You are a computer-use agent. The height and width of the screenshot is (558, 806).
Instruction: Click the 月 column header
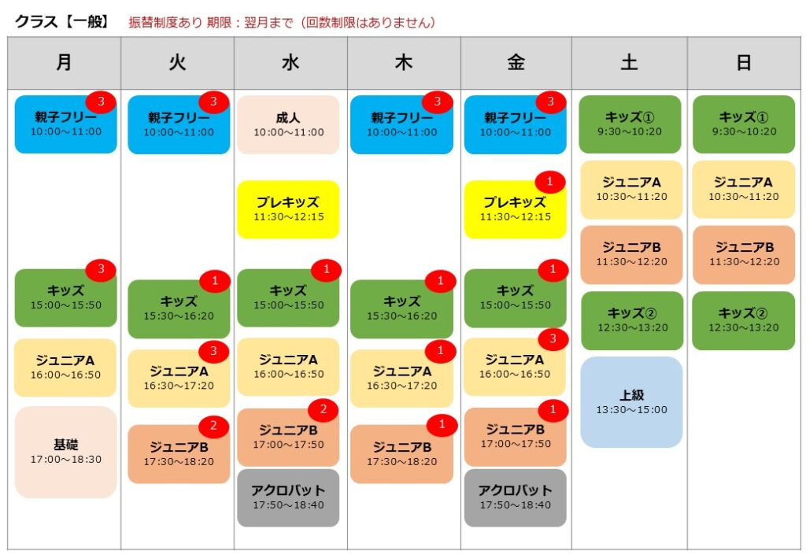[x=65, y=63]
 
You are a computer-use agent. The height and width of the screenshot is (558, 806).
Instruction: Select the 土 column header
[x=629, y=63]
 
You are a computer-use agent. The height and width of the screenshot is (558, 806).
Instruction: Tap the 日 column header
[x=744, y=63]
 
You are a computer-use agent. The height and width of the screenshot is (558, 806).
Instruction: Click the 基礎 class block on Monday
[x=66, y=453]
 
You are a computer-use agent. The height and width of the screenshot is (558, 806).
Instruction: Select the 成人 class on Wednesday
[x=288, y=124]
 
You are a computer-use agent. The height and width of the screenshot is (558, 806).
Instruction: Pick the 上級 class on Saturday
[x=631, y=402]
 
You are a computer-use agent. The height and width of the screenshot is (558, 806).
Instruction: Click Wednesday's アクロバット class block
[x=288, y=497]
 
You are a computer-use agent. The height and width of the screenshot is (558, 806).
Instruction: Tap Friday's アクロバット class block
[x=515, y=497]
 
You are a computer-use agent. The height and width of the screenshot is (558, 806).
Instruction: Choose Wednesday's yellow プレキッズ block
[x=288, y=209]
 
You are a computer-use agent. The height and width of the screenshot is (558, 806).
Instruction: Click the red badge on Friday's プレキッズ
[x=550, y=181]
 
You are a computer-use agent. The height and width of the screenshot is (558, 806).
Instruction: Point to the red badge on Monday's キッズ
[x=101, y=268]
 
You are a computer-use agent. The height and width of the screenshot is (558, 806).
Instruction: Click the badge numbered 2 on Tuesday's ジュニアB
[x=213, y=426]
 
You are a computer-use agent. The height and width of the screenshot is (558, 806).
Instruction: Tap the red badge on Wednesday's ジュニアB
[x=324, y=409]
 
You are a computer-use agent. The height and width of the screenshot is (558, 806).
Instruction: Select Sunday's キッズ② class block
[x=743, y=320]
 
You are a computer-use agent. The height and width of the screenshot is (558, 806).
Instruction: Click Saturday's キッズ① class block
[x=630, y=124]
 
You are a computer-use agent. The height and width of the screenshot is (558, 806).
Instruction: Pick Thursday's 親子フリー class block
[x=401, y=124]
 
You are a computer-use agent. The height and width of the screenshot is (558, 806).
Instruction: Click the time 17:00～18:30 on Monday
[x=66, y=460]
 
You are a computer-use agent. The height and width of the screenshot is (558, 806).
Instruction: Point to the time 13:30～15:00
[x=632, y=410]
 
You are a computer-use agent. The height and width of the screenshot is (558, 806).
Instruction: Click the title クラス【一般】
[x=62, y=21]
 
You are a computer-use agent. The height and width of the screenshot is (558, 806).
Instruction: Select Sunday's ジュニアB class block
[x=744, y=255]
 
